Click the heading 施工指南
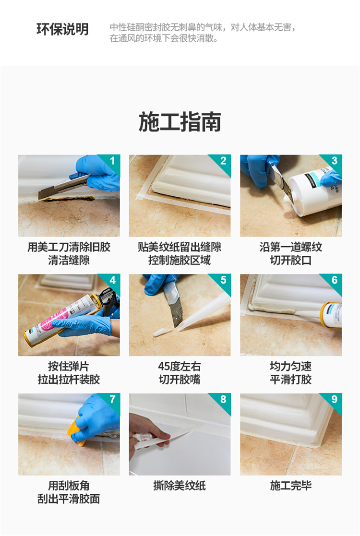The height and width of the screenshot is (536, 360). point(180,122)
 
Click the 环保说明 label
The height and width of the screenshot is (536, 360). point(62,29)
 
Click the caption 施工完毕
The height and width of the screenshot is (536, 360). point(290,486)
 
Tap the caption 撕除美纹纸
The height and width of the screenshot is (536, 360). point(180,486)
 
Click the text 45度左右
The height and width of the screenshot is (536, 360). point(180,367)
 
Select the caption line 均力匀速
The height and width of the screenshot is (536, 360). point(290,367)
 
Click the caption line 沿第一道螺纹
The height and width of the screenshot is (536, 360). point(290,247)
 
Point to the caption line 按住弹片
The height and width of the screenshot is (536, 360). point(69,367)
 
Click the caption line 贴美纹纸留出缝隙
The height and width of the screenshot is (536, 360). point(180,247)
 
